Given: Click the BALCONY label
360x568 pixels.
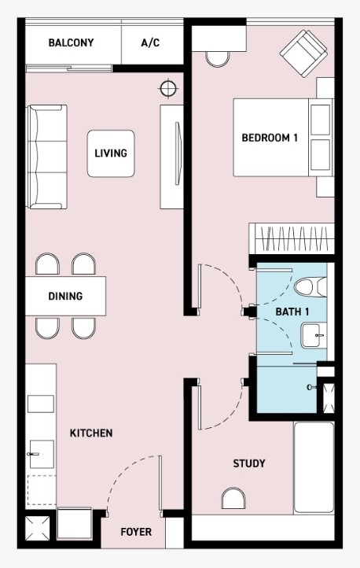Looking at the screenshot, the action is pyautogui.click(x=71, y=42).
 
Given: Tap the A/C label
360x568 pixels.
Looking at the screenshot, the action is pyautogui.click(x=150, y=42).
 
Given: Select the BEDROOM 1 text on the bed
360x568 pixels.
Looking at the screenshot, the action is pyautogui.click(x=270, y=138).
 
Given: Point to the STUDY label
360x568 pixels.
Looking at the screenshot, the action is pyautogui.click(x=249, y=463).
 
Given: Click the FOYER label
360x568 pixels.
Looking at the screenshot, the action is pyautogui.click(x=136, y=532).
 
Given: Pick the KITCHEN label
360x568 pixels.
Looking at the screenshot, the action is pyautogui.click(x=91, y=433).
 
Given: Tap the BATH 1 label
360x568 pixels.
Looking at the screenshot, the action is pyautogui.click(x=292, y=312).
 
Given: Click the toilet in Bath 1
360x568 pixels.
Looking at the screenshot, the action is pyautogui.click(x=310, y=287).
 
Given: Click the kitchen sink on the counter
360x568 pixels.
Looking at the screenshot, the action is pyautogui.click(x=41, y=454).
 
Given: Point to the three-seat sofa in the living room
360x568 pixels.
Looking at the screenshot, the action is pyautogui.click(x=47, y=157).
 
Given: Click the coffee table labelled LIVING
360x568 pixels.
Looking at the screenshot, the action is pyautogui.click(x=111, y=153).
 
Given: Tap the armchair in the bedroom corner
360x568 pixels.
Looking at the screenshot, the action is pyautogui.click(x=303, y=53).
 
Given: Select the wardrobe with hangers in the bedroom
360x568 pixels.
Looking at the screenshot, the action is pyautogui.click(x=292, y=239).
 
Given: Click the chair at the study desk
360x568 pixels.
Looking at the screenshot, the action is pyautogui.click(x=233, y=498).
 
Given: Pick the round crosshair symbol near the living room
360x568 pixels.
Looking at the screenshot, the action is pyautogui.click(x=168, y=89).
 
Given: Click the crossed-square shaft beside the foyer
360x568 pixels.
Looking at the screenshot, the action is pyautogui.click(x=38, y=529).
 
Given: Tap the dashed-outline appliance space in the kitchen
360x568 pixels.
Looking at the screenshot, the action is pyautogui.click(x=42, y=490).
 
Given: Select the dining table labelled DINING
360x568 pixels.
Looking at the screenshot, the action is pyautogui.click(x=65, y=296).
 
